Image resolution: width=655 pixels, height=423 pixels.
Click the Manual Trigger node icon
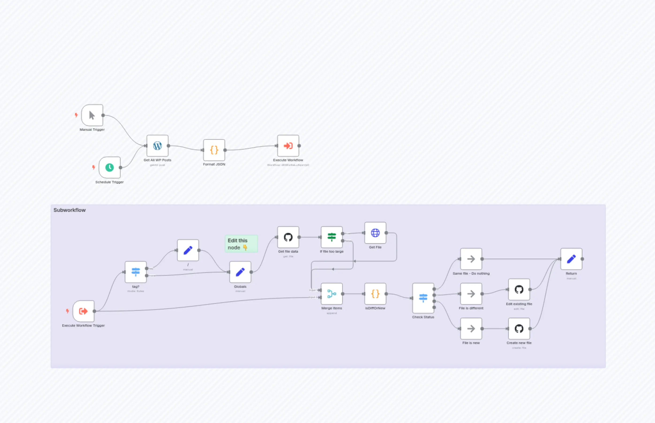tap(92, 115)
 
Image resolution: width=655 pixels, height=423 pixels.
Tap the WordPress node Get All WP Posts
tap(158, 146)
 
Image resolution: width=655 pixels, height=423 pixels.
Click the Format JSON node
tap(214, 150)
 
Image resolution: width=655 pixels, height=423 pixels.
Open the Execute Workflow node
tap(288, 146)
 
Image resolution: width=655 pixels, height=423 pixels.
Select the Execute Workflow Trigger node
tap(83, 311)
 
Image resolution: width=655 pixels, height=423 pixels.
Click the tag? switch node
tap(136, 272)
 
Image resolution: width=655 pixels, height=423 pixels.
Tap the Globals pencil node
tap(240, 272)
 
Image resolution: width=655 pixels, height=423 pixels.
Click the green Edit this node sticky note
tap(241, 244)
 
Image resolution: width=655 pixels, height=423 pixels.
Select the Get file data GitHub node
tap(288, 237)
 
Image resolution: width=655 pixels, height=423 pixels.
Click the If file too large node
tap(332, 237)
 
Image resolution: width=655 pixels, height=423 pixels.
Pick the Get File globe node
tap(375, 233)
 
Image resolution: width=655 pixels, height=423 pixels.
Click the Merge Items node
tap(332, 294)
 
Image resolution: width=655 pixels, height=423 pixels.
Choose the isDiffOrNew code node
tap(375, 294)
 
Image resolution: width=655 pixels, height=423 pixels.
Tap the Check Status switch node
tap(423, 298)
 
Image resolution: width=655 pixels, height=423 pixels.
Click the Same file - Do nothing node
tap(471, 259)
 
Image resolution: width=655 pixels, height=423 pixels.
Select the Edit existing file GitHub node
tap(519, 289)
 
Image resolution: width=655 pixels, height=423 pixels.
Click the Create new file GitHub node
tap(519, 329)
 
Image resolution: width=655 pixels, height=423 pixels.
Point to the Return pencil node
tap(571, 259)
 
